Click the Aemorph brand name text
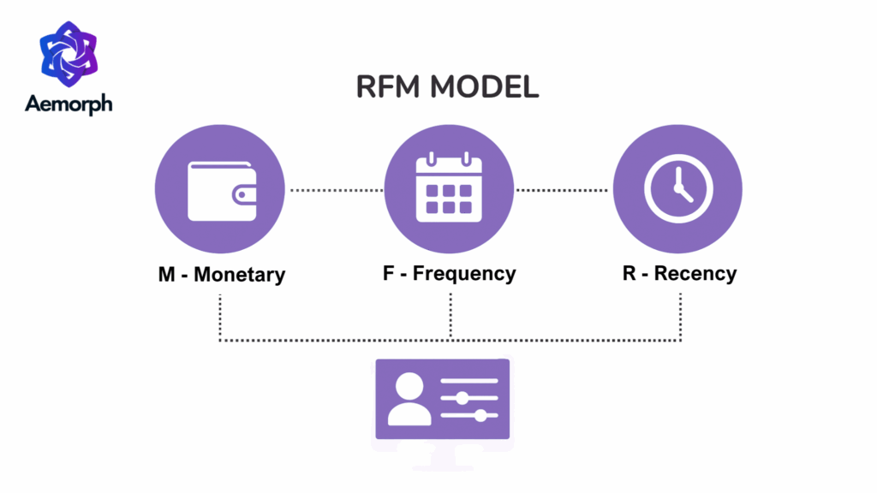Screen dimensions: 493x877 coord(69,104)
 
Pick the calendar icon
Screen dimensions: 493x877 coord(449,188)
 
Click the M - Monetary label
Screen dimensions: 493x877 coord(221,275)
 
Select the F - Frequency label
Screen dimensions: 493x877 coord(449,274)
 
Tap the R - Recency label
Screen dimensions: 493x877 coord(679,274)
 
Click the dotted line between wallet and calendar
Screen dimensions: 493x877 coord(336,190)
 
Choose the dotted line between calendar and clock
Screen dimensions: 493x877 coord(564,190)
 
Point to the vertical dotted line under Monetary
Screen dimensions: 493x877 coord(220,317)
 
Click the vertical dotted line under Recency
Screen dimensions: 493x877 coord(681,317)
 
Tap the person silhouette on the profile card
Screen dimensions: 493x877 coord(409,401)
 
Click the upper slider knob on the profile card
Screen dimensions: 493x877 coord(462,398)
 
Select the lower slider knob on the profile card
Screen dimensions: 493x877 coord(480,416)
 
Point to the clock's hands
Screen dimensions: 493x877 coord(681,187)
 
